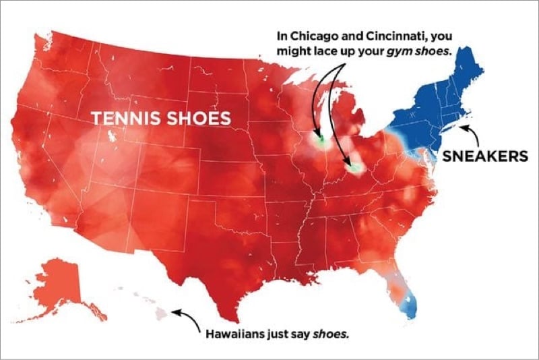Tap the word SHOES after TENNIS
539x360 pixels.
(197, 118)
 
